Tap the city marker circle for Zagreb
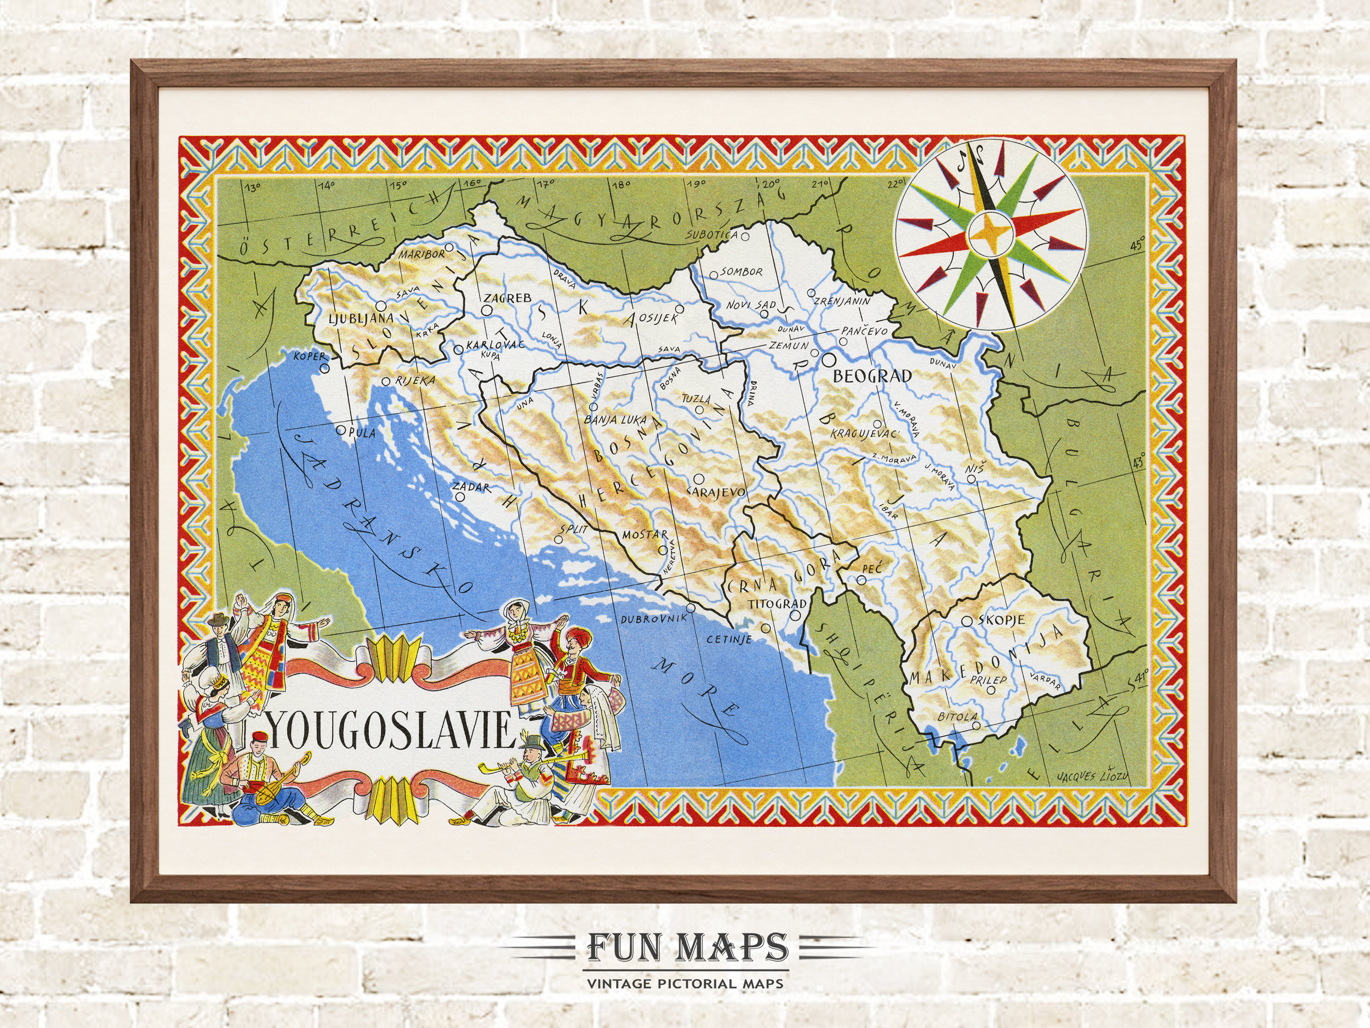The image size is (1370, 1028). tap(487, 309)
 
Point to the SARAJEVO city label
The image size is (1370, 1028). tap(717, 491)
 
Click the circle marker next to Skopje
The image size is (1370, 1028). tap(966, 620)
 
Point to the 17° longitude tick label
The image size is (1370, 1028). tap(545, 184)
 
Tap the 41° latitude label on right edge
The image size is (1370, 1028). tap(1138, 674)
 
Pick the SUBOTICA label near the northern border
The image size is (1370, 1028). tap(712, 235)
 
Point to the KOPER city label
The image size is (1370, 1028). tap(309, 357)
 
